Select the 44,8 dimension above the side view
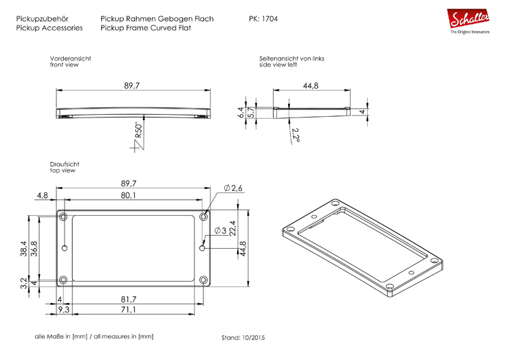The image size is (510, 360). point(310,86)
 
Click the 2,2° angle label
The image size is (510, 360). point(296,135)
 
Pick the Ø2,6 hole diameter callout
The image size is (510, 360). point(234,188)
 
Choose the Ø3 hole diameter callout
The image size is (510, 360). point(220,230)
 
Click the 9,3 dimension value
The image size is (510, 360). point(62,311)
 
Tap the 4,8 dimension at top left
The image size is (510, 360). point(43,196)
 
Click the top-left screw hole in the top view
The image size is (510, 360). point(64,216)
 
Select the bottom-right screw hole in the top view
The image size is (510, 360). point(203,280)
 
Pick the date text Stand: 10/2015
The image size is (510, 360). point(243,338)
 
